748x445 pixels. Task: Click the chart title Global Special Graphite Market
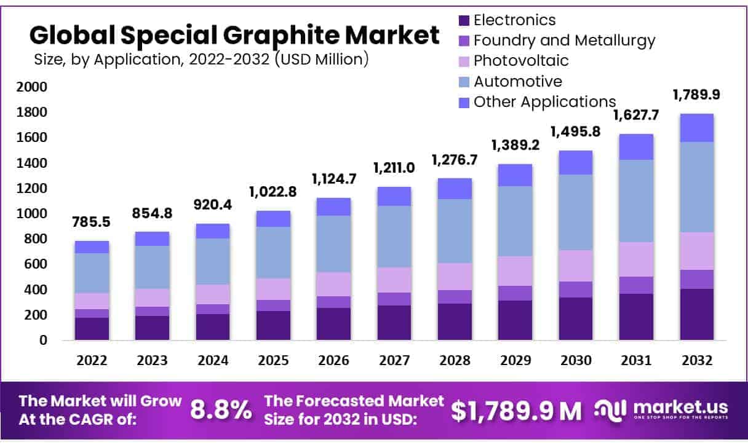234,36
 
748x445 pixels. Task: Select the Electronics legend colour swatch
464,20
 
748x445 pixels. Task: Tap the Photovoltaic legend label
521,60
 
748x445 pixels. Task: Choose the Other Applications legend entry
544,101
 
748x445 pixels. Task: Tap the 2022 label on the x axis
92,360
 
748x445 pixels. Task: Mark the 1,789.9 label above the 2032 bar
696,94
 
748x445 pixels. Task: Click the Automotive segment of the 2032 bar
696,187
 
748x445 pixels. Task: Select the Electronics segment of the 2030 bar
576,318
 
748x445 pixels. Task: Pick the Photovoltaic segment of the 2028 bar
455,277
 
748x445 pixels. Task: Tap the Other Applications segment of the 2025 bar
274,219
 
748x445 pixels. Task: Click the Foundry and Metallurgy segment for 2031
636,285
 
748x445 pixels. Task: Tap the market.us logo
661,409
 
